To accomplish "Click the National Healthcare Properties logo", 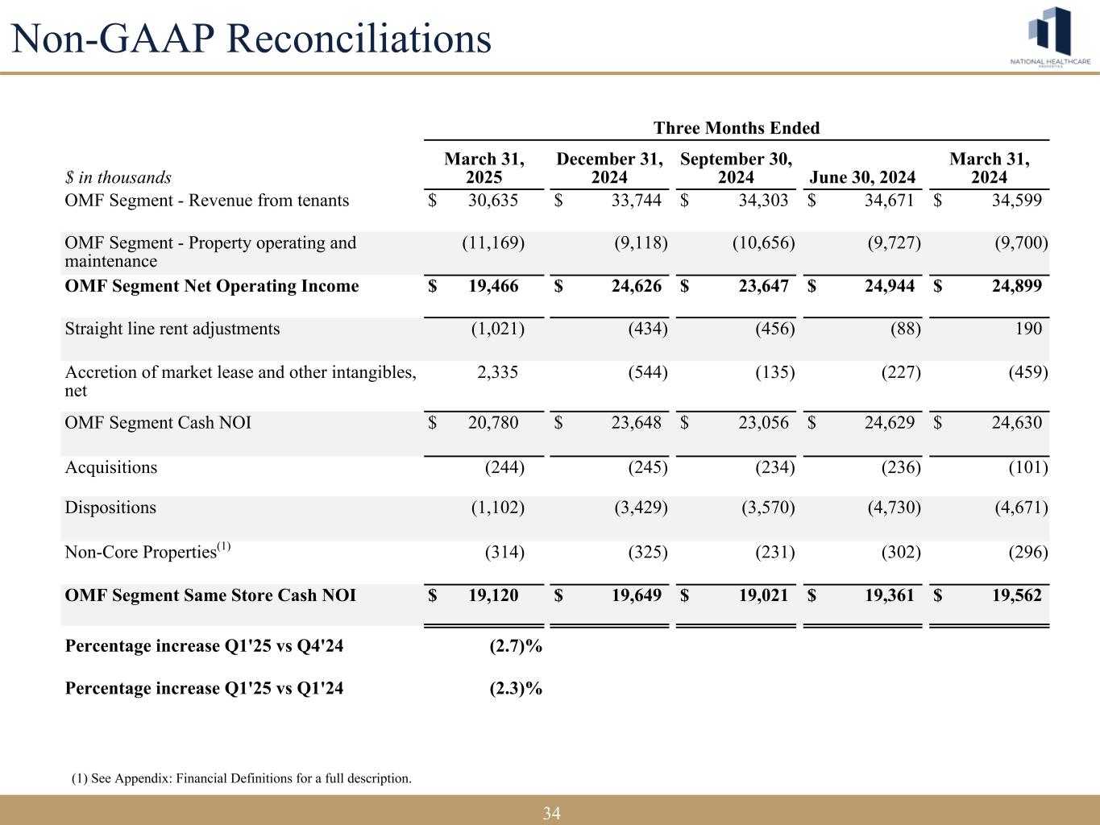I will coord(1051,37).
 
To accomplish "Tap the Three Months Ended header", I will coord(736,128).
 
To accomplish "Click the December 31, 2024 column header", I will coord(610,168).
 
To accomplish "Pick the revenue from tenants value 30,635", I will coord(493,201).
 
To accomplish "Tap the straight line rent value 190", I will coord(1029,329).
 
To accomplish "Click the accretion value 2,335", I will coord(494,372).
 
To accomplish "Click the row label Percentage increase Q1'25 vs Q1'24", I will coord(204,688).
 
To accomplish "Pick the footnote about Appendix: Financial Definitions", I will coord(241,778).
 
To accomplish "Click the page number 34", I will coord(551,814).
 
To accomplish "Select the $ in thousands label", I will coord(118,177).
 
